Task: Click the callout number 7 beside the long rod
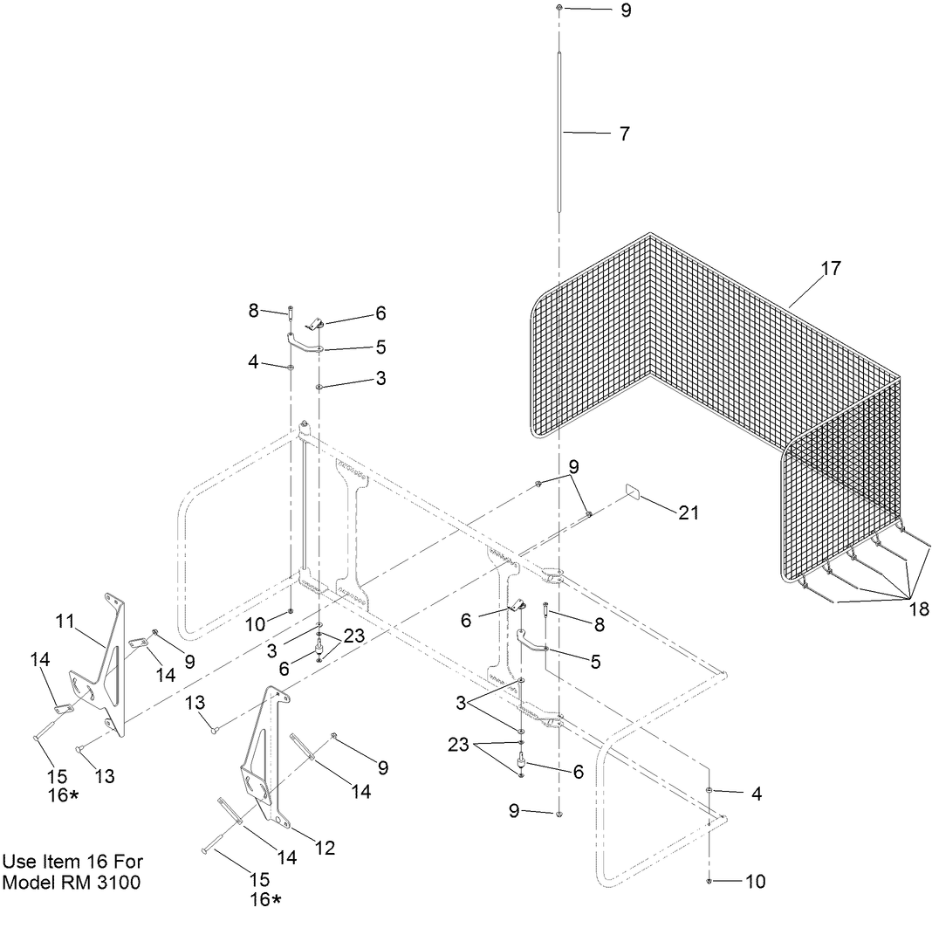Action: tap(624, 134)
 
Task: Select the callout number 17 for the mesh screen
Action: tap(831, 269)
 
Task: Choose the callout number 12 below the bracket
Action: tap(324, 847)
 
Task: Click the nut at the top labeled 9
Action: tap(559, 8)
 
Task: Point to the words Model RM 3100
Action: tap(71, 883)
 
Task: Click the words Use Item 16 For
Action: tap(72, 862)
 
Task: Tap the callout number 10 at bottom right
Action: tap(755, 882)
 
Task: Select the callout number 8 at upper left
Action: tap(254, 310)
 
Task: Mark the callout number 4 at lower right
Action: tap(757, 794)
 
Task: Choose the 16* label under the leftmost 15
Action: tap(63, 795)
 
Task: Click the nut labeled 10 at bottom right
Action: tap(710, 882)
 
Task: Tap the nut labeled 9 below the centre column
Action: tap(559, 814)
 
